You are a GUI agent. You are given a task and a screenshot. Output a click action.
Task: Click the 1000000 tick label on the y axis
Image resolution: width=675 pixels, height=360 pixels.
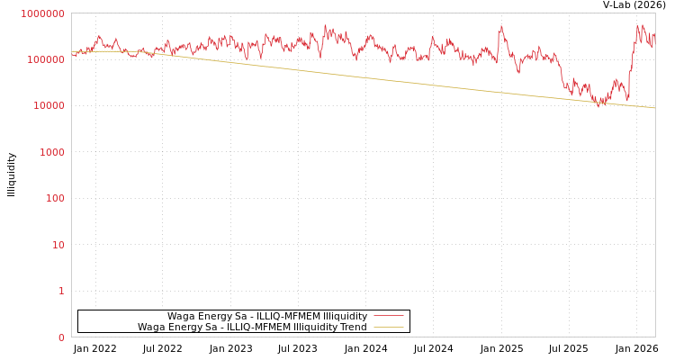coord(42,13)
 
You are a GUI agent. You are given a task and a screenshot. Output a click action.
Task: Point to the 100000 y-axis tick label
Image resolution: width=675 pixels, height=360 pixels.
coord(45,59)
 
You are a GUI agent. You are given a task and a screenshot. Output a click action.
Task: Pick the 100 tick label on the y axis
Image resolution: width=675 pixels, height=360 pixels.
coord(55,198)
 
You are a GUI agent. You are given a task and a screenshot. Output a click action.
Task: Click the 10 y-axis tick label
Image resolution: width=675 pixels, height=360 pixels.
coord(58,245)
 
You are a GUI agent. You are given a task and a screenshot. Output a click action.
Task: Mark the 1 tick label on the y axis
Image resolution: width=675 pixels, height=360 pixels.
coord(61,291)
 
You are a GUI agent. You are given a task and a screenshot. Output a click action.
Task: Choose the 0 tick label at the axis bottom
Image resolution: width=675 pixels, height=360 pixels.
coord(61,337)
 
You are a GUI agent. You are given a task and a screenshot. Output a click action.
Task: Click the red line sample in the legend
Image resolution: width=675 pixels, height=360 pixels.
coord(388,316)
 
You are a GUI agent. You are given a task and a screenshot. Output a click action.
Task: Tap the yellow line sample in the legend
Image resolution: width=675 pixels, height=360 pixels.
coord(388,328)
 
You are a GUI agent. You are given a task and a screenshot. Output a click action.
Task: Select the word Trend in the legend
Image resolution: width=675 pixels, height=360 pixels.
coord(353,328)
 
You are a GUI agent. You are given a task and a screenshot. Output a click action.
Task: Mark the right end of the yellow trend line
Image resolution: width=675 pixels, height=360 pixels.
coord(654,108)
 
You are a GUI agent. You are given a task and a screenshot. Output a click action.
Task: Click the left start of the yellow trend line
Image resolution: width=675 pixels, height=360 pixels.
coord(73,52)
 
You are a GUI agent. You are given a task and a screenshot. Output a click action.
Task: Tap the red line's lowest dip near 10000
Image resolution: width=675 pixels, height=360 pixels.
coord(598,106)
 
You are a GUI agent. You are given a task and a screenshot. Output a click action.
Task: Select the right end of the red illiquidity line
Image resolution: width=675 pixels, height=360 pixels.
coord(654,36)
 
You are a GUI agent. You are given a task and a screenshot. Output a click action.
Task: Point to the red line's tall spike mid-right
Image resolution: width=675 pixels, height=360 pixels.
coord(500,26)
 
